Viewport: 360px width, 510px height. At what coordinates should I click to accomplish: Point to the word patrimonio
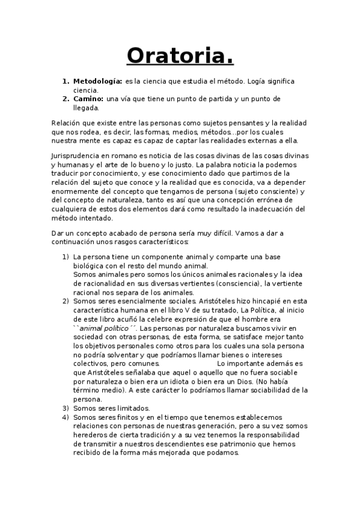click(x=242, y=444)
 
